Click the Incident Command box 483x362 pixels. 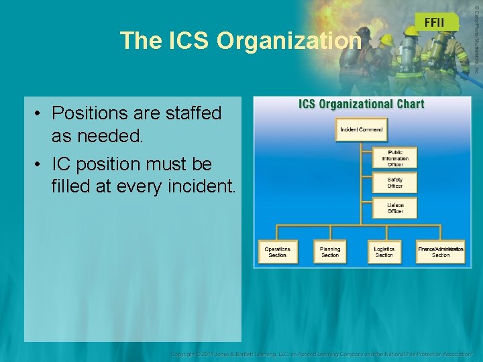[x=361, y=129]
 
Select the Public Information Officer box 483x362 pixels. [x=395, y=158]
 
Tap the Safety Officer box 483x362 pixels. [x=395, y=182]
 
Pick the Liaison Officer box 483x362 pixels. [x=395, y=208]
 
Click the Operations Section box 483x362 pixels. [x=277, y=251]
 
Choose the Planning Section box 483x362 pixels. [x=330, y=251]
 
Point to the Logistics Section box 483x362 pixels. [x=384, y=251]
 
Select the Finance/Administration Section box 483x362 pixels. [x=441, y=251]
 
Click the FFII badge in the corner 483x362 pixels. [x=437, y=22]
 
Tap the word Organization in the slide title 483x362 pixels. [x=289, y=41]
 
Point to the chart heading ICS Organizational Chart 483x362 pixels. [x=362, y=104]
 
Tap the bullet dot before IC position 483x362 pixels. [x=40, y=164]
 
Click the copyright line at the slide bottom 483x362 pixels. [x=321, y=353]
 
